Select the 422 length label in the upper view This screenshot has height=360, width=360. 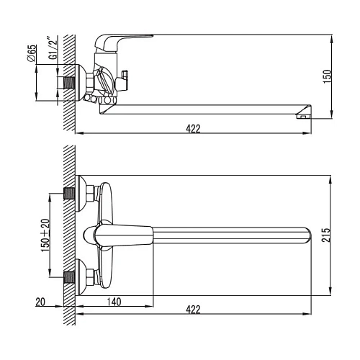(192, 128)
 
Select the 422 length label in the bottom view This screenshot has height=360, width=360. (192, 310)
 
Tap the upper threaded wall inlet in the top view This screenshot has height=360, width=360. (71, 193)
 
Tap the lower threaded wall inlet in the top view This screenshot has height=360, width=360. (71, 275)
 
